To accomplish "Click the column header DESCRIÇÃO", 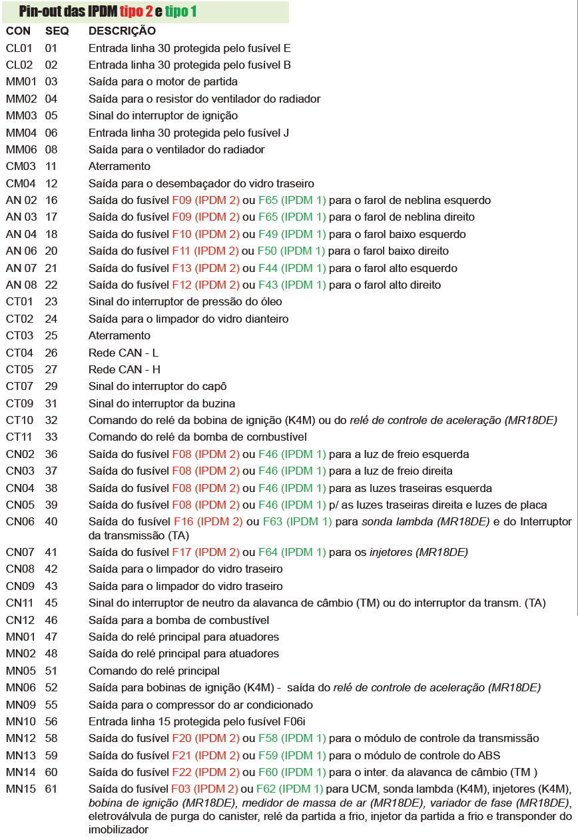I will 122,31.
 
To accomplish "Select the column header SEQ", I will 57,31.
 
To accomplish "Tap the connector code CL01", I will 19,48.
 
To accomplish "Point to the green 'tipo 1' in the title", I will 181,11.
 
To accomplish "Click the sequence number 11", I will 51,166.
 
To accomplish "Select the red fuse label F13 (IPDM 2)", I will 205,268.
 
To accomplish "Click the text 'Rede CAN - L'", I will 124,353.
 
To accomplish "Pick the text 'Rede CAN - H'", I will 125,369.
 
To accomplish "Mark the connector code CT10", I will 19,420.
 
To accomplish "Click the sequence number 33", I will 51,437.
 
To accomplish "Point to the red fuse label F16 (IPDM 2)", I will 208,521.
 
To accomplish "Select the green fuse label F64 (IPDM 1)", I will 293,551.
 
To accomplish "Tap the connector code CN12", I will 19,620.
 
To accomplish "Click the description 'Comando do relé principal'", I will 154,671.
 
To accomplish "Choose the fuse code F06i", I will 292,721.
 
